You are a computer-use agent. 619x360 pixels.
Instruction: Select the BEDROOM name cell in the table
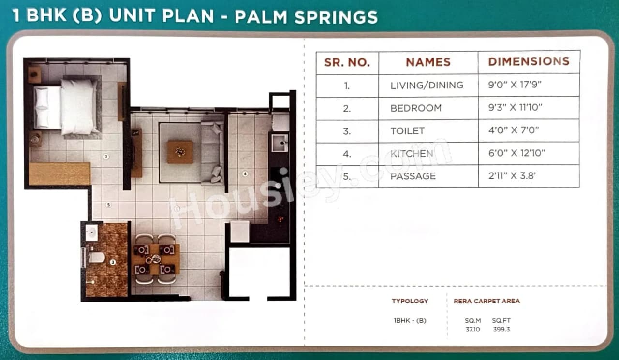[x=416, y=108]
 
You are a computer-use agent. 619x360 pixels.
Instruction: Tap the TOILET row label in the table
[x=408, y=131]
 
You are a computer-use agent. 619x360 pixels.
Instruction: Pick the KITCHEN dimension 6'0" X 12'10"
[x=516, y=153]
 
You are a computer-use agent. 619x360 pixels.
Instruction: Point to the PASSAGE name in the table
[x=413, y=176]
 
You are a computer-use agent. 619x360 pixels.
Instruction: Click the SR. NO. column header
[x=347, y=62]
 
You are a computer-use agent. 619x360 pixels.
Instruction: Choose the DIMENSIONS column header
[x=529, y=62]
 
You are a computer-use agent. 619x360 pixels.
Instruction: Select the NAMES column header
[x=428, y=62]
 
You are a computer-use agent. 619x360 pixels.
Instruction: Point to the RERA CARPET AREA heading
[x=486, y=301]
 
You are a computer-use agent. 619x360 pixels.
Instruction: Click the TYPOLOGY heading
[x=410, y=301]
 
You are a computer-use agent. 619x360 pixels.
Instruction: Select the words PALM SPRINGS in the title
[x=306, y=17]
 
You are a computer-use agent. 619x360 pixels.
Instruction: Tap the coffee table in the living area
[x=180, y=152]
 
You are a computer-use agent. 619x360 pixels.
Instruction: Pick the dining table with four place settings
[x=155, y=259]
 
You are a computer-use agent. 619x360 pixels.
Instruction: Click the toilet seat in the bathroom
[x=96, y=258]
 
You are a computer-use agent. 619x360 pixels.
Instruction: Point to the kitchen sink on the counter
[x=280, y=143]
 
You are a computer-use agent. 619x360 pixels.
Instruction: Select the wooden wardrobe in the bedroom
[x=59, y=174]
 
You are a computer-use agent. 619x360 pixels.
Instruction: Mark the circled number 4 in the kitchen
[x=245, y=173]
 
